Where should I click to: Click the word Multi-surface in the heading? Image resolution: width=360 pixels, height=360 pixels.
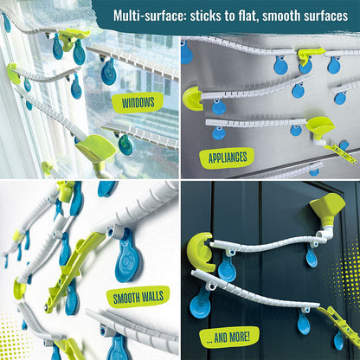click(150, 16)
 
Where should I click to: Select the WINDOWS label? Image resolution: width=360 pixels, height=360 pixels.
click(138, 103)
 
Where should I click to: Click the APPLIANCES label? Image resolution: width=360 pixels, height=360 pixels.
click(228, 157)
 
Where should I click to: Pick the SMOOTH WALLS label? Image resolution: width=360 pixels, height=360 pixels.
click(138, 297)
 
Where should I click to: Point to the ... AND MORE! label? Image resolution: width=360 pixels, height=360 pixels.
click(228, 337)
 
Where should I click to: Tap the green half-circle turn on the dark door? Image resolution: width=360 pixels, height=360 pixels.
click(200, 252)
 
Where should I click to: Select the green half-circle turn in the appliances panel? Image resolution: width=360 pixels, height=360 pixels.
click(192, 99)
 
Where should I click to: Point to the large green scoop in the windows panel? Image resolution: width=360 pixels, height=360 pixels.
click(96, 148)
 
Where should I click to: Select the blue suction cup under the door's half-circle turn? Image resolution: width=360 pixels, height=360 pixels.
click(228, 267)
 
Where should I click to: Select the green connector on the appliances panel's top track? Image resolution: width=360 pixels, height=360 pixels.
click(308, 55)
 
